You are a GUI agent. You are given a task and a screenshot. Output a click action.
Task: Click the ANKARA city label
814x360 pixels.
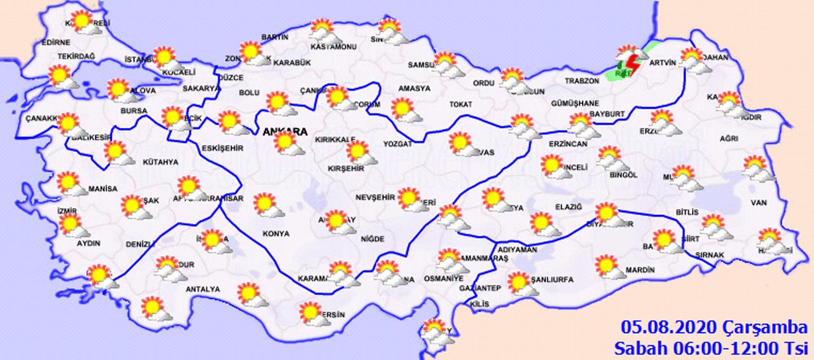(x=285, y=132)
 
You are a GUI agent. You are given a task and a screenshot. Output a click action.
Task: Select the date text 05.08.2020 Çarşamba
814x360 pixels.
(x=714, y=328)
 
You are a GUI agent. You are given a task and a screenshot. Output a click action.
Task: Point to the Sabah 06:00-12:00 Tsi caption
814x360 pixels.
(x=710, y=348)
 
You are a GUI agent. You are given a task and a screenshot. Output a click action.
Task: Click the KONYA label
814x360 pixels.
(x=275, y=233)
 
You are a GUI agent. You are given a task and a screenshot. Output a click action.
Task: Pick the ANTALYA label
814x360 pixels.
(x=202, y=289)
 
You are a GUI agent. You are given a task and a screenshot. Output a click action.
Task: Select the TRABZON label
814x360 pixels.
(x=583, y=81)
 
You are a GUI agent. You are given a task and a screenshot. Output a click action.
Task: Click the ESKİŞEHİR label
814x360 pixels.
(x=223, y=148)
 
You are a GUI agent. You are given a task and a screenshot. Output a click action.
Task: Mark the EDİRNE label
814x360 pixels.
(x=55, y=43)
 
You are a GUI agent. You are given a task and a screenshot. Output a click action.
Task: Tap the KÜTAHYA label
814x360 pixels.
(x=160, y=162)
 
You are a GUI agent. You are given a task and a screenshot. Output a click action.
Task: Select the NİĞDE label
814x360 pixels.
(x=373, y=239)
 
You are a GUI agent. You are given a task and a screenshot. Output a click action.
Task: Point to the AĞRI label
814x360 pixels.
(x=729, y=138)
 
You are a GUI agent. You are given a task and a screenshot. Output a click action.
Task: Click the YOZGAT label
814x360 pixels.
(x=397, y=144)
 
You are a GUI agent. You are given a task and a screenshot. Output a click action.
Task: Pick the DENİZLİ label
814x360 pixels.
(x=140, y=244)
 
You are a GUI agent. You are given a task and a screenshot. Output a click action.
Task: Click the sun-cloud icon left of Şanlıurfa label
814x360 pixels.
(x=521, y=282)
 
